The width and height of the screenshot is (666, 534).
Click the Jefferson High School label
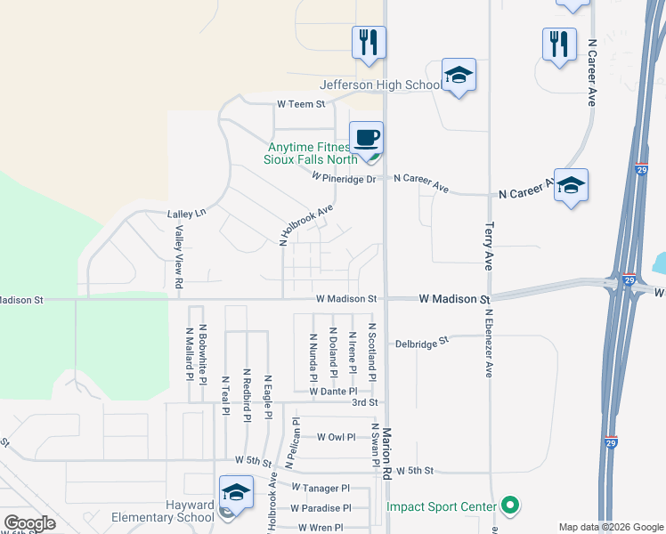point(380,85)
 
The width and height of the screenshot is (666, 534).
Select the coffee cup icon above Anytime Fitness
point(366,138)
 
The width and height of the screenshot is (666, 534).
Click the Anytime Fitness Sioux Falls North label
point(311,154)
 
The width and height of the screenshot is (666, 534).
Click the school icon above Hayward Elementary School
point(235,491)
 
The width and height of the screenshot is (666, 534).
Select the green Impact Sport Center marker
point(509,506)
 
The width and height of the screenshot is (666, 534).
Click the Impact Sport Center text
point(441,507)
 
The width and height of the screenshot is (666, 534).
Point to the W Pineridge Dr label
point(345,177)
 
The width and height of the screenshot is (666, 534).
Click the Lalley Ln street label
point(186,214)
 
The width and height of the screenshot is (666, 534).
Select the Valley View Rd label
point(179,257)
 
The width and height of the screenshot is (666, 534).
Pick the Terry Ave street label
point(489,247)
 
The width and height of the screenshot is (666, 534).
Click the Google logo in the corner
point(29,523)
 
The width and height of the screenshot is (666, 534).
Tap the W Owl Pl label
point(336,437)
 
